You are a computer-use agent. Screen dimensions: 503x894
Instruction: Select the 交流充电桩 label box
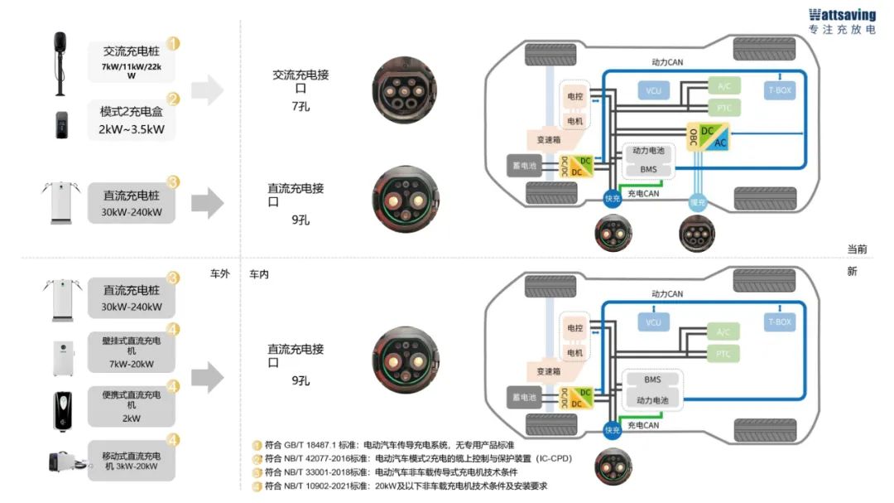click(131, 60)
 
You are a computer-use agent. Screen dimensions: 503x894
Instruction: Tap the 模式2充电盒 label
click(131, 120)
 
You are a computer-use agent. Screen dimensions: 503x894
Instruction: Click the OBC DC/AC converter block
click(709, 138)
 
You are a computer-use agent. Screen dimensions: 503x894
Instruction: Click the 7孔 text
click(300, 107)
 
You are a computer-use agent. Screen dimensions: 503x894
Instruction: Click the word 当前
click(857, 249)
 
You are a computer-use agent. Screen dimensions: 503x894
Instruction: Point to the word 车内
click(259, 273)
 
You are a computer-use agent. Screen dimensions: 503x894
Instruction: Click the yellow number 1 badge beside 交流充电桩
click(174, 43)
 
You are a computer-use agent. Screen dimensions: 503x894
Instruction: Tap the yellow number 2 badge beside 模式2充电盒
click(174, 99)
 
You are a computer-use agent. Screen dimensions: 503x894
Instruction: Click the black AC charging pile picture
click(59, 63)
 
